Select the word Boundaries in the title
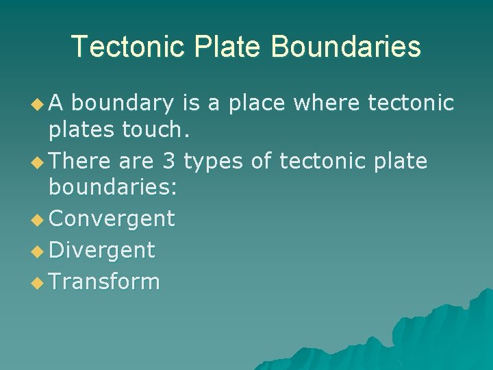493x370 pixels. point(346,47)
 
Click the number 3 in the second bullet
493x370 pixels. point(169,162)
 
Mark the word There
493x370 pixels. point(81,162)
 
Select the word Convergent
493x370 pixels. point(112,219)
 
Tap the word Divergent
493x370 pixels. point(102,250)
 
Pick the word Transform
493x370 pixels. point(105,281)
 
